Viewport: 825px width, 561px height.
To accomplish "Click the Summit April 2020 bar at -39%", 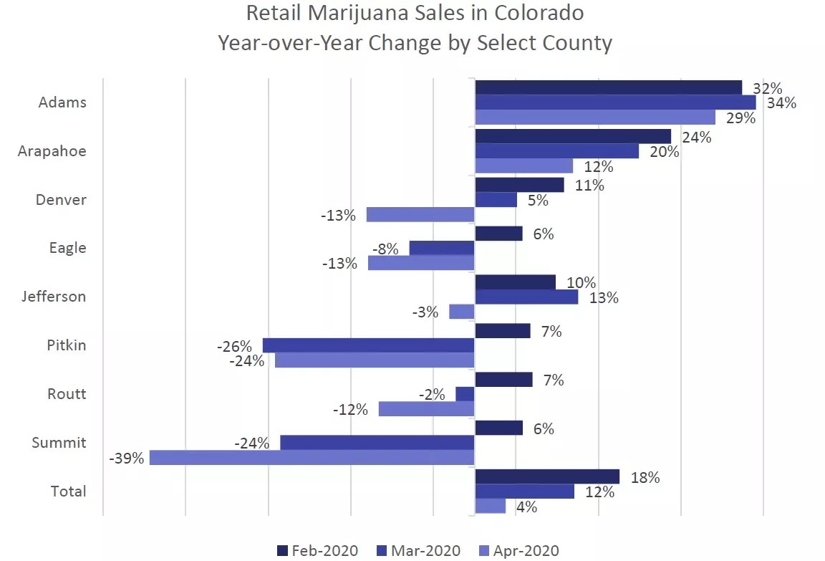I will [x=312, y=457].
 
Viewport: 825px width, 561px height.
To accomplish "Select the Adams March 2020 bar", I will [x=615, y=102].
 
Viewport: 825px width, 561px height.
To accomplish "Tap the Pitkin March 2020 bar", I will [x=368, y=345].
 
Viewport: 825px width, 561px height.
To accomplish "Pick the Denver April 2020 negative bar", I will [x=420, y=214].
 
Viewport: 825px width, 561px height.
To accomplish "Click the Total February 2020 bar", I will [x=547, y=476].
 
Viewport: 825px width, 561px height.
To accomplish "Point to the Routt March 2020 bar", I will [x=465, y=394].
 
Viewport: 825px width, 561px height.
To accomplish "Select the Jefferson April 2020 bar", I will [x=462, y=312].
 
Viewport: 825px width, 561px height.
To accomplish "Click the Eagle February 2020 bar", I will [x=498, y=234].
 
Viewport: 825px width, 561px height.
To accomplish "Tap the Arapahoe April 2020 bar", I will [x=524, y=166].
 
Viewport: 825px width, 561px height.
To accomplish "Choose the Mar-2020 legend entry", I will [x=418, y=550].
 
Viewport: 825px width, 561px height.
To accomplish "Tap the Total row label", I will [x=69, y=492].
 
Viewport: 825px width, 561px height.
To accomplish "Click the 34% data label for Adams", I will [x=781, y=103].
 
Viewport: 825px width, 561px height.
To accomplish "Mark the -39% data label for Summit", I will [x=127, y=458].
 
